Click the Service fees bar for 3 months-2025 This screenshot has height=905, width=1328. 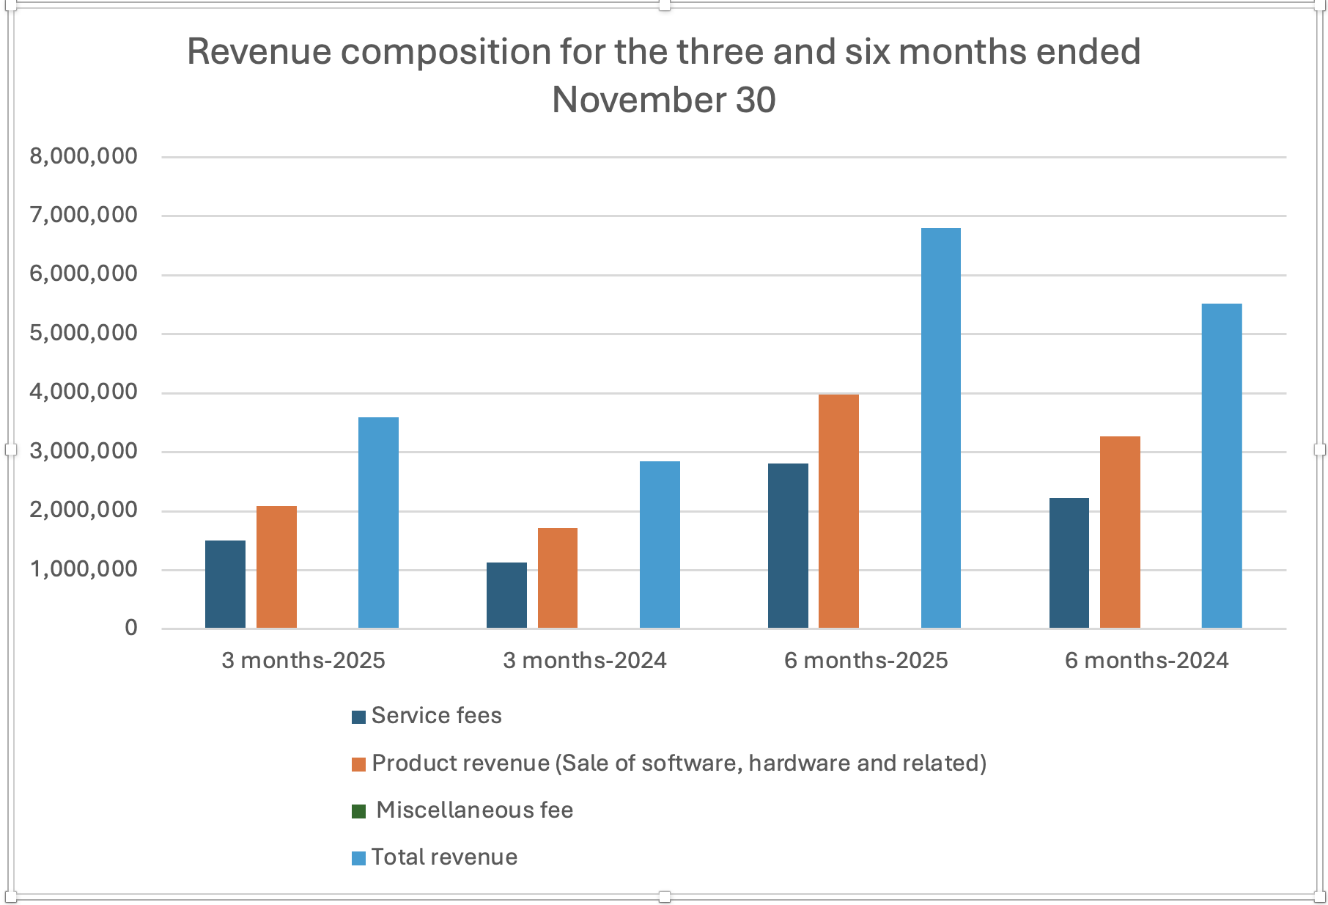tap(225, 584)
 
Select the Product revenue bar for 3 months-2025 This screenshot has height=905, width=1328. tap(276, 567)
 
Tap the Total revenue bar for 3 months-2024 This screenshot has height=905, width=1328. tap(660, 544)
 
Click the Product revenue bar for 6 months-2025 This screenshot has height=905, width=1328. tap(838, 511)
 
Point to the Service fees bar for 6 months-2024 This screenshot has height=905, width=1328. tap(1069, 563)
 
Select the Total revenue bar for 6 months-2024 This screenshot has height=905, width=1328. tap(1222, 466)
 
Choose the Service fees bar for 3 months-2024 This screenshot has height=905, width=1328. tap(506, 595)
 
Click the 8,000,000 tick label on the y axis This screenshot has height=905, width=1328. tap(84, 156)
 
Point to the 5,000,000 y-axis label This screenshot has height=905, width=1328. tap(84, 333)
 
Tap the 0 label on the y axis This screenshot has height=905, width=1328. tap(131, 628)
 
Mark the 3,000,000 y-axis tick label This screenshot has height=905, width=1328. tap(84, 451)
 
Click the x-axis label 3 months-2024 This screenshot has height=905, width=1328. tap(585, 661)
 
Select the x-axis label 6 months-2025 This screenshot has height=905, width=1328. tap(866, 661)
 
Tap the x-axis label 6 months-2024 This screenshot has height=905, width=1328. tap(1146, 661)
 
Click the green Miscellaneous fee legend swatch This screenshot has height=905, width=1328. tap(358, 811)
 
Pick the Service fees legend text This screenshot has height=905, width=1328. tap(436, 716)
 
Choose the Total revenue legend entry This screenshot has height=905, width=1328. tap(444, 857)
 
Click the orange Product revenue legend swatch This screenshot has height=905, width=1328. tap(358, 764)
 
